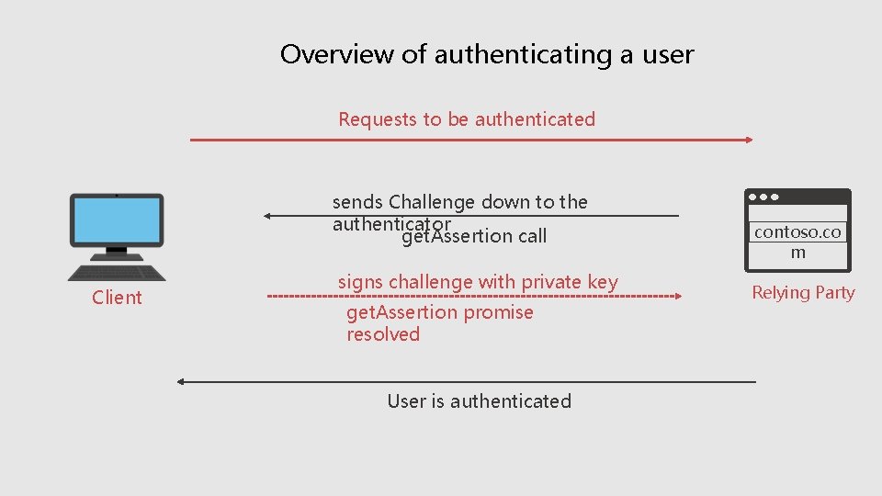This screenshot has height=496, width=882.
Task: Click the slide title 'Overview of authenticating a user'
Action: point(487,54)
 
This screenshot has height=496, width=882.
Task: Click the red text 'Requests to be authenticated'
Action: point(467,119)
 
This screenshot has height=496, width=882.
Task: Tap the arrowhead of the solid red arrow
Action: point(748,140)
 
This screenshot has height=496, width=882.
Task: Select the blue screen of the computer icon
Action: point(117,220)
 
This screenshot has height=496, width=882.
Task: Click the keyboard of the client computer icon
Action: point(117,271)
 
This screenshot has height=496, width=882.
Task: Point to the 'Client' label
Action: point(117,298)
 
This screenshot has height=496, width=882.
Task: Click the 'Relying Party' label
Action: point(803,293)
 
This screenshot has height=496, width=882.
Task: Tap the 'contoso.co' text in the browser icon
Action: point(797,232)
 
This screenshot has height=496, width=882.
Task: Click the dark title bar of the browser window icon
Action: point(797,197)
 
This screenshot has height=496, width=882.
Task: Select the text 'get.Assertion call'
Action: point(474,237)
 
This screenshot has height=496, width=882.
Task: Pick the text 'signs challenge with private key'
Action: point(478,282)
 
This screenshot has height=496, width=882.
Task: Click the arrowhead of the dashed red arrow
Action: point(677,297)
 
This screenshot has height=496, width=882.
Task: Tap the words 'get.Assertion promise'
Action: point(439,312)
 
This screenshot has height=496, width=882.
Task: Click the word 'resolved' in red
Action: point(383,334)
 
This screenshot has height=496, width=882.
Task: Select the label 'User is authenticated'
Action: point(479,401)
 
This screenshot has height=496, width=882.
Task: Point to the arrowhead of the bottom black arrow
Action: point(182,381)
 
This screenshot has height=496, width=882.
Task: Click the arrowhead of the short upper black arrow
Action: point(267,216)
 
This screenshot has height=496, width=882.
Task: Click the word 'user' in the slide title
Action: point(668,54)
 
